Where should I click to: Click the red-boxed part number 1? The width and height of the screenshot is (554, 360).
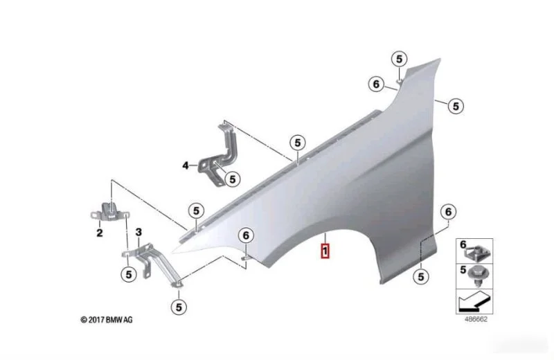(x=325, y=251)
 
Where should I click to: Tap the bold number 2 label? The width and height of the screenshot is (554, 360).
(x=100, y=233)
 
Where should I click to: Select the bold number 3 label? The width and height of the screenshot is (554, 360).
(x=139, y=232)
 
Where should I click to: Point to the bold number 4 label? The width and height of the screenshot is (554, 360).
(x=186, y=165)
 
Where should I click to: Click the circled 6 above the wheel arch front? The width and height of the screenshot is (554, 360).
(x=246, y=235)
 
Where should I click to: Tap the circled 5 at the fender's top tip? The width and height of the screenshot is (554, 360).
(x=399, y=59)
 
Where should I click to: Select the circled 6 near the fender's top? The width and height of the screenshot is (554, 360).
(x=376, y=84)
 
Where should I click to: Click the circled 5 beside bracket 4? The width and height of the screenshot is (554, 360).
(x=232, y=179)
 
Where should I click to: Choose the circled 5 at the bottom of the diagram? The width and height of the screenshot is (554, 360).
(x=179, y=307)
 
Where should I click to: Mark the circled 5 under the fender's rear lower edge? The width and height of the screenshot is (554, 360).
(x=421, y=277)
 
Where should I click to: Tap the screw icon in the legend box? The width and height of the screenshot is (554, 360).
(x=476, y=276)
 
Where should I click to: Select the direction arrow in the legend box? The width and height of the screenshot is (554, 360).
(x=474, y=301)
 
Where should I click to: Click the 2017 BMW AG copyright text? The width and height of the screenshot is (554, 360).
(x=107, y=320)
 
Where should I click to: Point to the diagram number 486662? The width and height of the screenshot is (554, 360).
(x=476, y=319)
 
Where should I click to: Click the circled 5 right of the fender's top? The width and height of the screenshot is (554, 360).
(x=456, y=106)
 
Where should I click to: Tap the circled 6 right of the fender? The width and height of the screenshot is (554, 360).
(x=448, y=212)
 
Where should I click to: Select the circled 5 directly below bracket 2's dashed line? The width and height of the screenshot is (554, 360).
(x=129, y=275)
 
